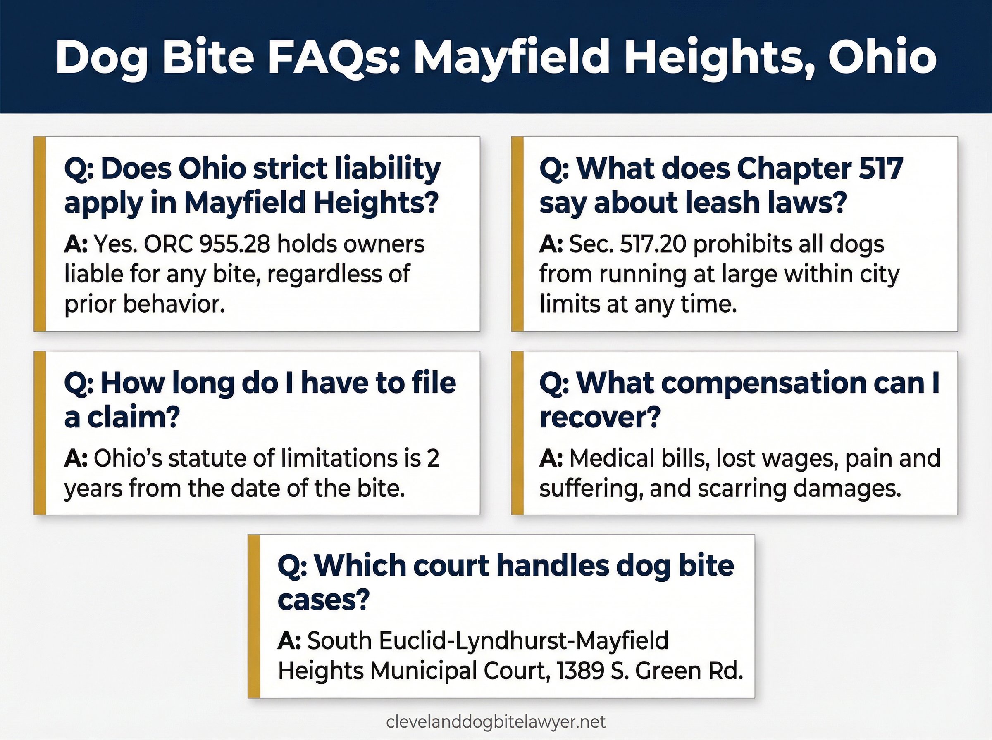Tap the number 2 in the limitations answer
(x=433, y=458)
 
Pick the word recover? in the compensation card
(x=600, y=417)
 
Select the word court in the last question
(x=451, y=566)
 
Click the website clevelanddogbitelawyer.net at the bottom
(x=496, y=722)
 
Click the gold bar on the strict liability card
(x=41, y=234)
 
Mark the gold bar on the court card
(x=254, y=616)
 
